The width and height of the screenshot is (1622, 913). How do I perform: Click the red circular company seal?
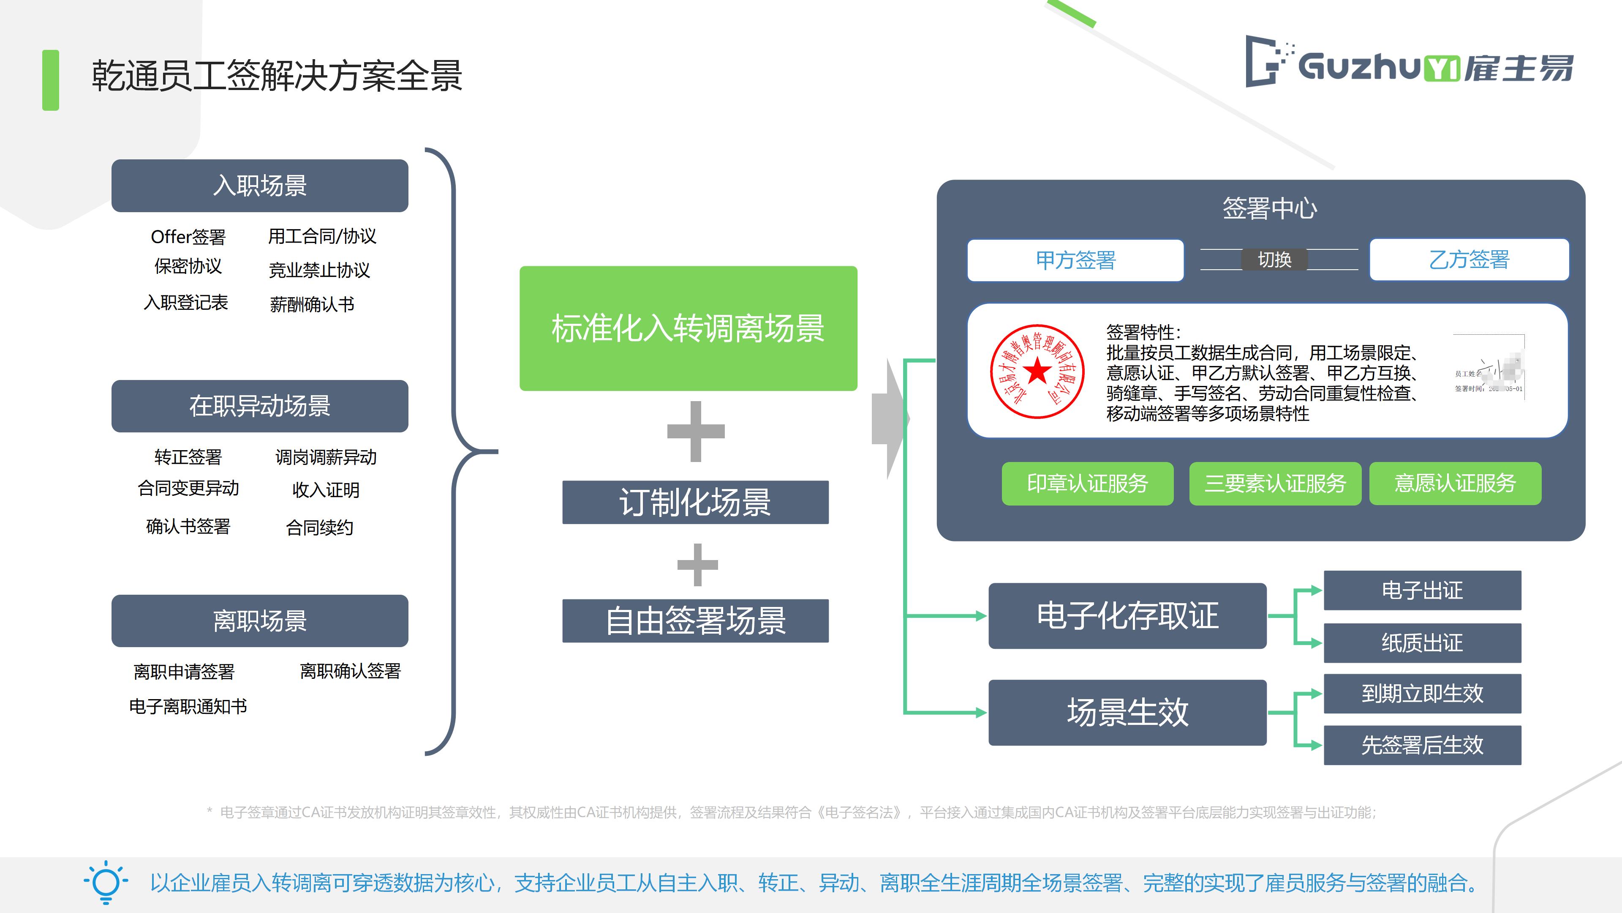pos(1037,372)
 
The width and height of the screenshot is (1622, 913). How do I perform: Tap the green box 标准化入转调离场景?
pos(688,328)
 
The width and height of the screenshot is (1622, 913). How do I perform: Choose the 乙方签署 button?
pos(1469,260)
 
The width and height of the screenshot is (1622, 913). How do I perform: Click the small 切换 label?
pos(1274,260)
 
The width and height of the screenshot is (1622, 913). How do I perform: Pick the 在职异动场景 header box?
pos(259,406)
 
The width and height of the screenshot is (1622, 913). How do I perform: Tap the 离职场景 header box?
pos(259,621)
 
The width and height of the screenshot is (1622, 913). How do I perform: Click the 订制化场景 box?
pos(695,502)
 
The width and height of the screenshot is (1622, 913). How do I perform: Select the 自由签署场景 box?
pos(695,621)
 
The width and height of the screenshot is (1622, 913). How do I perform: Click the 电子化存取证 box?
pos(1127,615)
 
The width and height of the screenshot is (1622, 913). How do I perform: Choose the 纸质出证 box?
pos(1422,642)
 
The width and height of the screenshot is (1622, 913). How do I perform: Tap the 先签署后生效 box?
pos(1422,745)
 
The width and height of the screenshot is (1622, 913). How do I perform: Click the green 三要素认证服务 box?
pos(1275,483)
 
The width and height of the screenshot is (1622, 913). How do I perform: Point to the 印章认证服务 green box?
pos(1087,483)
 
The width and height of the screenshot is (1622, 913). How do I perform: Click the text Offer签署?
pos(188,237)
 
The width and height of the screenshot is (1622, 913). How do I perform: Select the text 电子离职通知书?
pos(188,706)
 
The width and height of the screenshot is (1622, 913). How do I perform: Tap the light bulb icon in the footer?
pos(106,882)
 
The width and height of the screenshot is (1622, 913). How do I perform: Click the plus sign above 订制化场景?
pos(696,432)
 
